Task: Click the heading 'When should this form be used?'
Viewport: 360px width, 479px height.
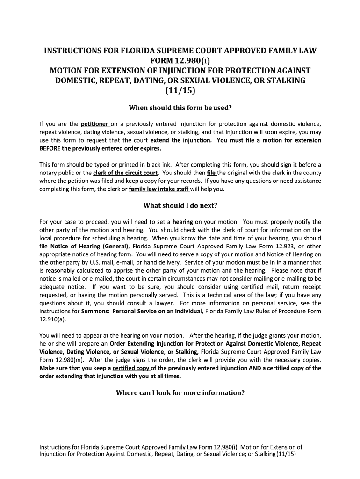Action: click(x=180, y=108)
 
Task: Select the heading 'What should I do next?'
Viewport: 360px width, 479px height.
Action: click(x=180, y=205)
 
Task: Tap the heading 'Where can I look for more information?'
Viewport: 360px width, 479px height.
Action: click(x=180, y=392)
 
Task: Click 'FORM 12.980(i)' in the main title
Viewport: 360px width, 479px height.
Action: click(x=180, y=60)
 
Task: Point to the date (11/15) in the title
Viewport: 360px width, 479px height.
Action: click(x=180, y=90)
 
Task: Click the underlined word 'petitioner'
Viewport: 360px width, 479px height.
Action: click(x=95, y=124)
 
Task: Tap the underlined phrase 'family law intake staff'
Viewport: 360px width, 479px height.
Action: click(x=159, y=189)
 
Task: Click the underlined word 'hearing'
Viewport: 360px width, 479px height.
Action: click(x=183, y=222)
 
